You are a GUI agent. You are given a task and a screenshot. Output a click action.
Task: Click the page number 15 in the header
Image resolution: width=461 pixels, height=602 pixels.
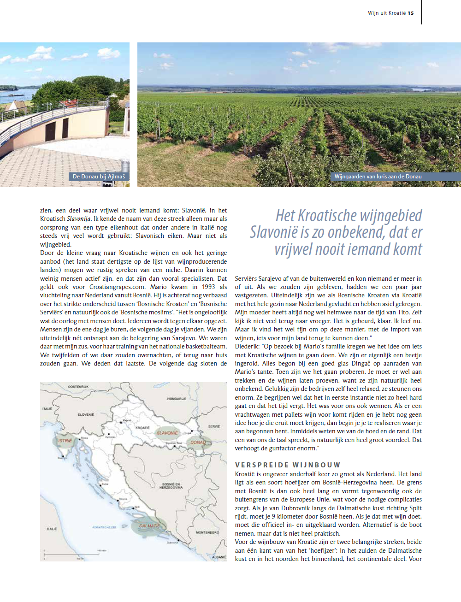411,13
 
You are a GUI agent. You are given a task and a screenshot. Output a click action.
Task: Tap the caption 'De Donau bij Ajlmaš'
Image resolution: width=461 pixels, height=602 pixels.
99,177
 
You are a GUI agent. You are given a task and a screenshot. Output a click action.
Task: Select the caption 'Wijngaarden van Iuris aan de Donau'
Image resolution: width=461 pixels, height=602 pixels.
378,177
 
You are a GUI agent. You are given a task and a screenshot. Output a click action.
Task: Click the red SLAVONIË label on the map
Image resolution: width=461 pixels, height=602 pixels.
167,433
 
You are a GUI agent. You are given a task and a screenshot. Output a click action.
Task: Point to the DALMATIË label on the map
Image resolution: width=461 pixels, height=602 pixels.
149,525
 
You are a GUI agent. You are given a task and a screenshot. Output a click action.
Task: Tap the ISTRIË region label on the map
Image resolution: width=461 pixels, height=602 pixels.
65,441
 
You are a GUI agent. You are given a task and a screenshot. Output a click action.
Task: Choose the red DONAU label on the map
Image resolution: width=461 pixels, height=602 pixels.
198,443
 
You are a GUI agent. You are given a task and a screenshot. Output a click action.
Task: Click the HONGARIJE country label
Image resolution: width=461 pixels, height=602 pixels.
177,399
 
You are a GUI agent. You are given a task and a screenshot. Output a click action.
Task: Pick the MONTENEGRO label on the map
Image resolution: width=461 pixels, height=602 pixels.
207,532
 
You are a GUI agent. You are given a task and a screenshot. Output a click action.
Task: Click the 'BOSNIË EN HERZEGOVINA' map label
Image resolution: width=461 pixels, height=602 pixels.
171,486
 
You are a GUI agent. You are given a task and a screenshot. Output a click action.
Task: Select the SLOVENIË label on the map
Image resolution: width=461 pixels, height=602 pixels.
86,414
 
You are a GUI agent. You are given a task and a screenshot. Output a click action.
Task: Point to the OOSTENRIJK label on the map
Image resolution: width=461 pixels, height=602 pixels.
78,387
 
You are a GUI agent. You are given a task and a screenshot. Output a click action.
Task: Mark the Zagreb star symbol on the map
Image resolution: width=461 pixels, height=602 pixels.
121,422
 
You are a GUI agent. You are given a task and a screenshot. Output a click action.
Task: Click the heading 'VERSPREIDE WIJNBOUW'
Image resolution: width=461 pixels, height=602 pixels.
288,465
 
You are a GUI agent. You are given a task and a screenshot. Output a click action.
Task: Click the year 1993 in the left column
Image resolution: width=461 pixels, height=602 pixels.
208,287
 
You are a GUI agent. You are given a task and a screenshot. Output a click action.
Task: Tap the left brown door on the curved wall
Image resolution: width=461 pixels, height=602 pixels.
50,131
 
